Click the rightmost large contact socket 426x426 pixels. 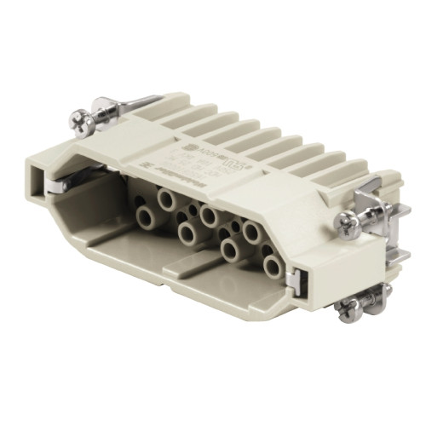(x=272, y=266)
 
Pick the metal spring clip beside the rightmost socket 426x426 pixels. (x=292, y=274)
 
